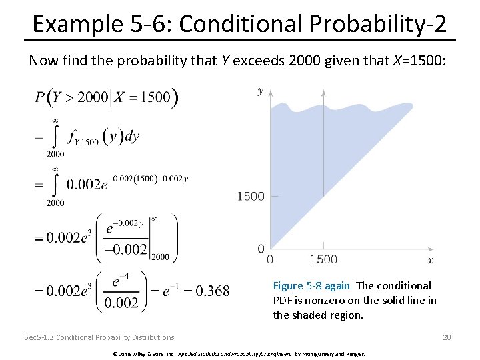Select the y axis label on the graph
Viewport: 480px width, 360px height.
tap(261, 91)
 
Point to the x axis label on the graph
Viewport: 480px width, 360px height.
tap(430, 260)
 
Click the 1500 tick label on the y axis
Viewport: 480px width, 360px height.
tap(251, 196)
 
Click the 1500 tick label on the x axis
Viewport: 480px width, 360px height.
tap(324, 259)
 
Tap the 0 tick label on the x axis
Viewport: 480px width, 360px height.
tap(270, 259)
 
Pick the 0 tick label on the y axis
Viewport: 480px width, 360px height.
tap(261, 249)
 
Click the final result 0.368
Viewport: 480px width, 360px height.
tap(214, 291)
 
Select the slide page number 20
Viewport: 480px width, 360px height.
tap(447, 337)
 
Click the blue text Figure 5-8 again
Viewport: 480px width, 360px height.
tap(311, 285)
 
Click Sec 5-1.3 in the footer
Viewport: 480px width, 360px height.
tap(39, 337)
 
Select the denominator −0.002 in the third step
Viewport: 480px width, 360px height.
tap(124, 249)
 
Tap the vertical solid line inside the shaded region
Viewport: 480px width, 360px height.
tap(324, 167)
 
